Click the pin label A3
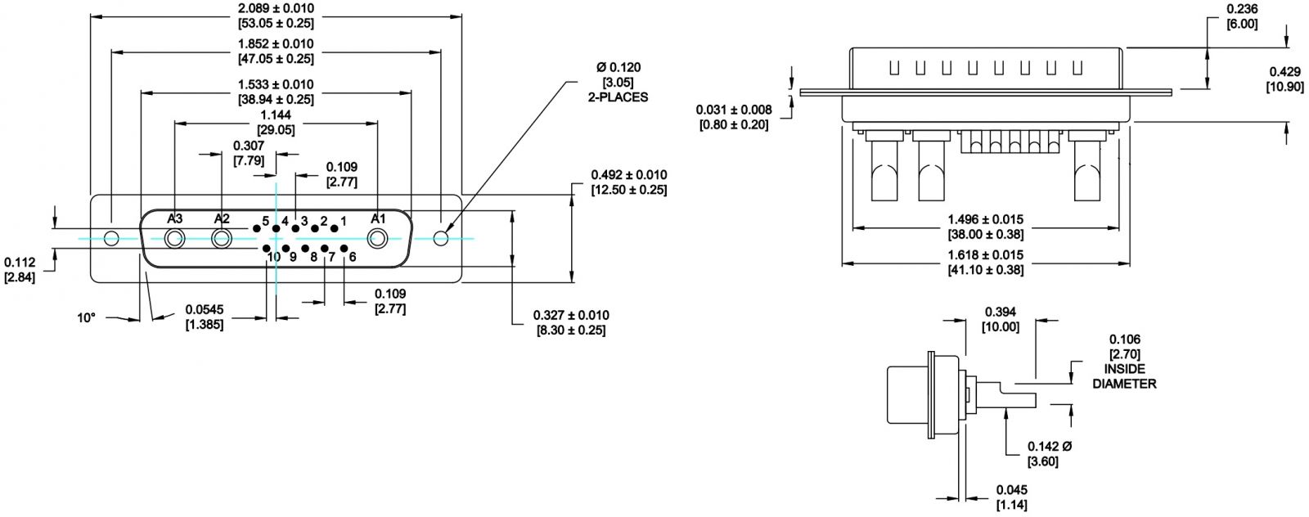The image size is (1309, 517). click(175, 218)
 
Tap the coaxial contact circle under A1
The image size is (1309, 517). click(377, 238)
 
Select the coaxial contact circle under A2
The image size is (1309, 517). click(222, 238)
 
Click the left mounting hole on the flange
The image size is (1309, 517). click(111, 238)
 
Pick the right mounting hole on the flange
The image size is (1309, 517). click(441, 238)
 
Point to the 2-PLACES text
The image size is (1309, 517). click(618, 97)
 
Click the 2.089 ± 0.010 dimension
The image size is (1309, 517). click(276, 8)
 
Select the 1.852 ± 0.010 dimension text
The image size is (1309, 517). click(276, 44)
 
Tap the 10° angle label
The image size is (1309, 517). click(86, 317)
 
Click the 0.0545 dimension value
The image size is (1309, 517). click(205, 309)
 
